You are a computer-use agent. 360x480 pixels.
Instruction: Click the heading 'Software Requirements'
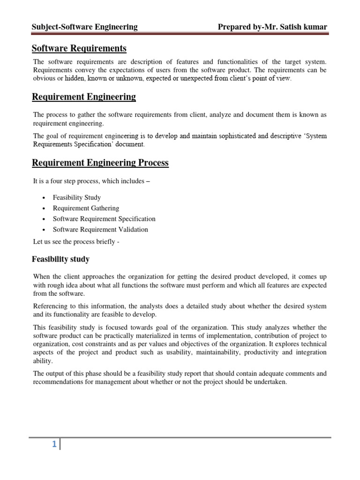(x=79, y=48)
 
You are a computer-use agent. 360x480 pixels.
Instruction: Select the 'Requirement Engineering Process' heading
(x=100, y=163)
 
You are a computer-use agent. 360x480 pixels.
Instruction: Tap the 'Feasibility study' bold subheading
(x=60, y=259)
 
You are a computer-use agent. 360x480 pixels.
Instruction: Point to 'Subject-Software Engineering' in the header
(x=84, y=27)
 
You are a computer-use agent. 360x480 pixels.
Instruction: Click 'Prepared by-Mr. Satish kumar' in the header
(x=272, y=27)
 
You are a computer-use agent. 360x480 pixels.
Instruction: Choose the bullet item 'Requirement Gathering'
(x=86, y=208)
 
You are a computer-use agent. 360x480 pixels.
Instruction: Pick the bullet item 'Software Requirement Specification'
(x=104, y=219)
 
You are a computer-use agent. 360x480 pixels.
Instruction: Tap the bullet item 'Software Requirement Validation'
(x=100, y=230)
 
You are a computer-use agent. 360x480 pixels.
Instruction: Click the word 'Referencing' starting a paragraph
(x=50, y=306)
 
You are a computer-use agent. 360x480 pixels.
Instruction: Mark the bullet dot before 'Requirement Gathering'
(x=43, y=209)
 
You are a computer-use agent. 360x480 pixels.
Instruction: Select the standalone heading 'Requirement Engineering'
(x=83, y=97)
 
